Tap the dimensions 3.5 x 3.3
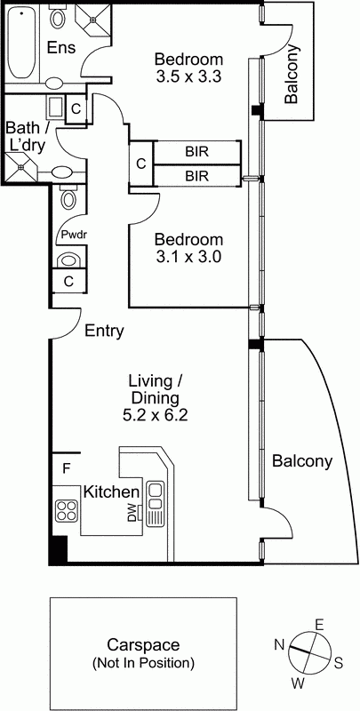coord(187,76)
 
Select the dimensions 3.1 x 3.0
coord(187,257)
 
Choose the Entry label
coord(104,332)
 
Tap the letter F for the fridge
coord(66,467)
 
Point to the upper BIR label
coord(196,152)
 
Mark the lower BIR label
coord(196,176)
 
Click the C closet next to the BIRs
coord(140,164)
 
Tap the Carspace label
coord(143,645)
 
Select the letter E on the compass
coord(318,623)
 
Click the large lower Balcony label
coord(301,461)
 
